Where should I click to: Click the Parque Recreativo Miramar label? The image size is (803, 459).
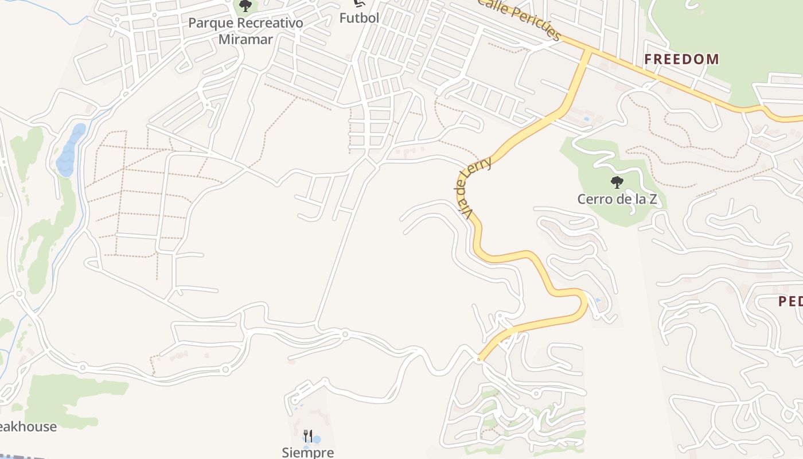point(245,31)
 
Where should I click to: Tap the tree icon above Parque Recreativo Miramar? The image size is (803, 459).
point(245,6)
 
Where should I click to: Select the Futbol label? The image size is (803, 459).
point(360,18)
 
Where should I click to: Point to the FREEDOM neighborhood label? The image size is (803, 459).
point(681,59)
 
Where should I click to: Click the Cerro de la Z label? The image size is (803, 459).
point(617,200)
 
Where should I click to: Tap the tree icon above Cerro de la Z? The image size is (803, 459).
point(617,183)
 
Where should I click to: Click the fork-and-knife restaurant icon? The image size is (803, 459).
point(308,435)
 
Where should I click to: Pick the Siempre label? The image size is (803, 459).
point(308,453)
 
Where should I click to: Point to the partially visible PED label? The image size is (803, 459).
point(790,301)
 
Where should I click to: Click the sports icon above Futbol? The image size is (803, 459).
point(360,3)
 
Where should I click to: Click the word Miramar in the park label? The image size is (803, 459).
point(245,40)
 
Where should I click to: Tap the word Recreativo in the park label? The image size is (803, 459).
point(267,24)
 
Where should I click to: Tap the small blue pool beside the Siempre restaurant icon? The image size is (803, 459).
point(316,440)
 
